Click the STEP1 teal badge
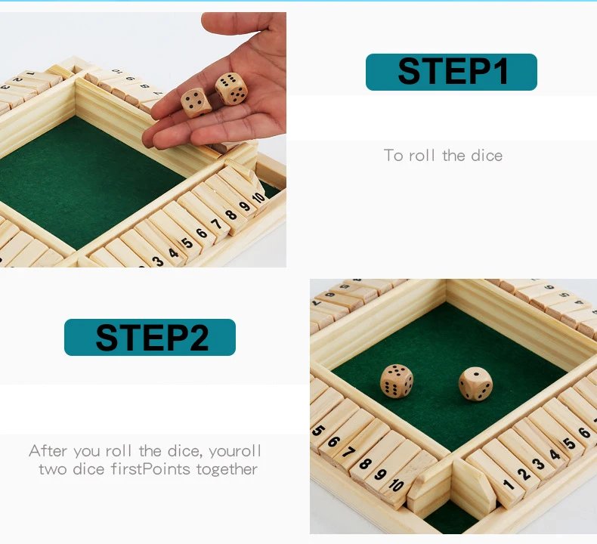451,72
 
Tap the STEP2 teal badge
150,337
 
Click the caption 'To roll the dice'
443,156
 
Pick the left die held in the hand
196,103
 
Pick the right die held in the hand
231,89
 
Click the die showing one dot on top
475,383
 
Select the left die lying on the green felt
396,380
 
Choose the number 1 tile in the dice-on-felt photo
508,481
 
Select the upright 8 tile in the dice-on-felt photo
367,462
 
